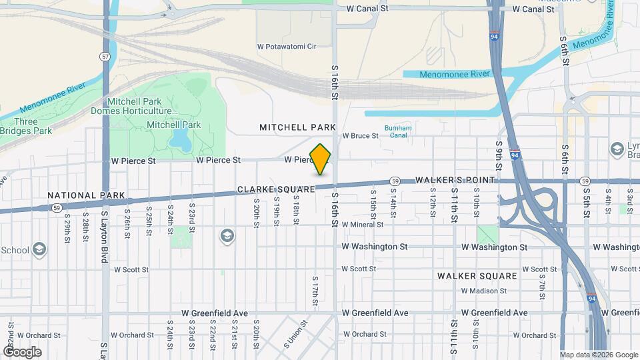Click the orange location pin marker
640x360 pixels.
pos(321,159)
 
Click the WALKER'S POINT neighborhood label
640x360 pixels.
pos(455,181)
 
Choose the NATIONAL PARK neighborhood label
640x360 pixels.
pos(87,195)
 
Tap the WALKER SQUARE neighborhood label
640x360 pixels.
pos(477,275)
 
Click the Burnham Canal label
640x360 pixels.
pos(398,131)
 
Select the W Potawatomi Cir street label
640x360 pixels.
pos(286,47)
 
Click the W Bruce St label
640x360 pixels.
pos(360,135)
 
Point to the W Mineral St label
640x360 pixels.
pos(363,225)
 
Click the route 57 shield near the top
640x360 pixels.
pos(105,57)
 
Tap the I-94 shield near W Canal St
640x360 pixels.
pos(494,37)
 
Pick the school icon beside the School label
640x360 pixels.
pos(39,250)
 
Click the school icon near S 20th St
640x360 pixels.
pos(227,236)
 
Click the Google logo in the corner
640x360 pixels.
pos(22,351)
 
